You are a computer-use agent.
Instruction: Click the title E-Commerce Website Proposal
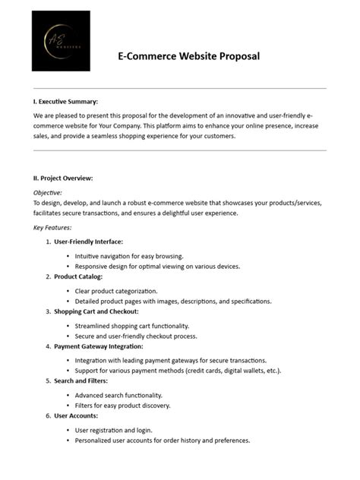(x=189, y=56)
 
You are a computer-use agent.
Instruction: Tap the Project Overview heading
(x=63, y=178)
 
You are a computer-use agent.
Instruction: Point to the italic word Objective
(x=48, y=193)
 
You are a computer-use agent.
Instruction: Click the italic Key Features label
(x=52, y=227)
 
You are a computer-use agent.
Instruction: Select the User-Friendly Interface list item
(x=88, y=242)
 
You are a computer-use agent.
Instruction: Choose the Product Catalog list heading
(x=77, y=276)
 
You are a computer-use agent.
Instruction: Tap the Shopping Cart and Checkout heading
(x=96, y=311)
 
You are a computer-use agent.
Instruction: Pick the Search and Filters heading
(x=81, y=381)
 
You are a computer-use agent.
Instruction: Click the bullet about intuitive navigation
(x=129, y=256)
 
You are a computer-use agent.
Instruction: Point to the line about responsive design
(x=157, y=267)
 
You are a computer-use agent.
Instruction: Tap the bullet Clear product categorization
(x=116, y=291)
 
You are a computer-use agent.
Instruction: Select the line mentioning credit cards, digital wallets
(x=178, y=371)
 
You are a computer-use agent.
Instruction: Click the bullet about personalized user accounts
(x=163, y=441)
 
